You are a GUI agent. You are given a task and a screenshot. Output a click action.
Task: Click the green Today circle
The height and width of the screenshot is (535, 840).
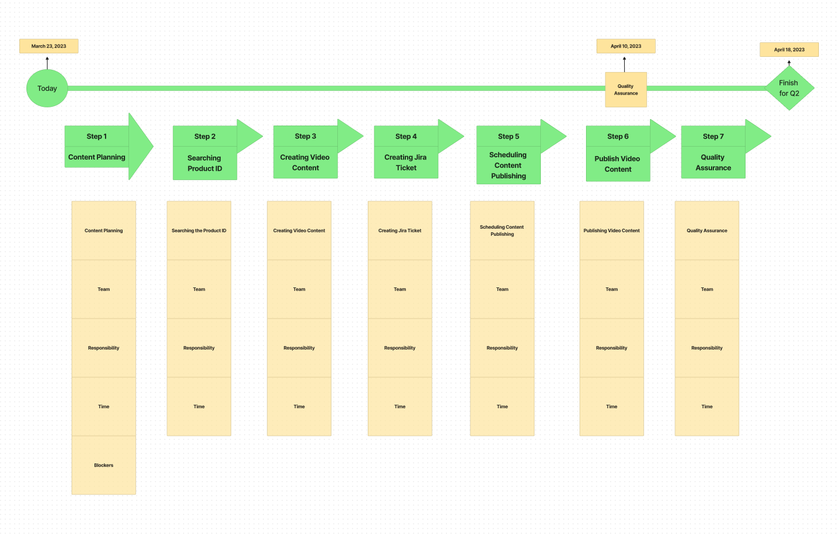[47, 89]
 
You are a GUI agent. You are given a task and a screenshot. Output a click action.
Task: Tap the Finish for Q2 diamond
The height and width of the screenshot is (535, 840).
[789, 88]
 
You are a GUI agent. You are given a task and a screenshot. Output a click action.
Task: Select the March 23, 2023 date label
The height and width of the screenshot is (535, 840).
[49, 46]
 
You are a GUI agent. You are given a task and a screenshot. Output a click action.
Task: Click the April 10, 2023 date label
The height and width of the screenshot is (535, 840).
[626, 46]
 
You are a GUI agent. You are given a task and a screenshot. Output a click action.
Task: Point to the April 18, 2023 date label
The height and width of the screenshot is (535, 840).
[789, 49]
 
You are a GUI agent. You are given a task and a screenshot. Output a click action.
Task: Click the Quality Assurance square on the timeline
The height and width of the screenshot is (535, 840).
[626, 90]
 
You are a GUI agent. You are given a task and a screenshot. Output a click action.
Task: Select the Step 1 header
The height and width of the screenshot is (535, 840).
[97, 136]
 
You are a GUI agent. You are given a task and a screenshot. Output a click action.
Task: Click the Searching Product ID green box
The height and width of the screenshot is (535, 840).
[205, 163]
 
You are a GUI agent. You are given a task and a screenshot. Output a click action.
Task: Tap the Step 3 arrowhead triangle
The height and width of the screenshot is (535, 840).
[350, 136]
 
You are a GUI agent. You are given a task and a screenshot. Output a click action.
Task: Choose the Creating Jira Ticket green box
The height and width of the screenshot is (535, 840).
[406, 162]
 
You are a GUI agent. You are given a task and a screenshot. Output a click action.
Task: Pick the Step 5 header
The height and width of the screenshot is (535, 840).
[509, 136]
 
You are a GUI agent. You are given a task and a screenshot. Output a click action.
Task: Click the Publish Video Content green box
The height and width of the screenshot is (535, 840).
[618, 164]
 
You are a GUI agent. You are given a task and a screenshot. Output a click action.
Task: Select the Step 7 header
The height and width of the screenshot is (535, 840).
[713, 136]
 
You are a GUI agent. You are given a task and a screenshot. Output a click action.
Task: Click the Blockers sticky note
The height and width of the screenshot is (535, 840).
[103, 465]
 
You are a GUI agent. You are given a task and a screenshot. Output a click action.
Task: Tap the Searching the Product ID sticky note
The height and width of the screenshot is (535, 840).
[199, 231]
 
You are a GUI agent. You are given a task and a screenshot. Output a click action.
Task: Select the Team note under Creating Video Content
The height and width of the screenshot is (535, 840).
[299, 289]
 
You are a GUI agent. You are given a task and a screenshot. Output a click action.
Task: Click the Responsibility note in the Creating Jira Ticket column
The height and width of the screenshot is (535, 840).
[399, 348]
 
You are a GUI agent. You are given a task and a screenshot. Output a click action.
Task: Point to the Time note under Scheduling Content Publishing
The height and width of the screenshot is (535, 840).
[502, 407]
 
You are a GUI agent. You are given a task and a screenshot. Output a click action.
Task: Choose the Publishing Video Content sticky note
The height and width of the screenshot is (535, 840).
[612, 231]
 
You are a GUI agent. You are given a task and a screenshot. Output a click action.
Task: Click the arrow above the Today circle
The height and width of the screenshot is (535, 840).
[48, 63]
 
